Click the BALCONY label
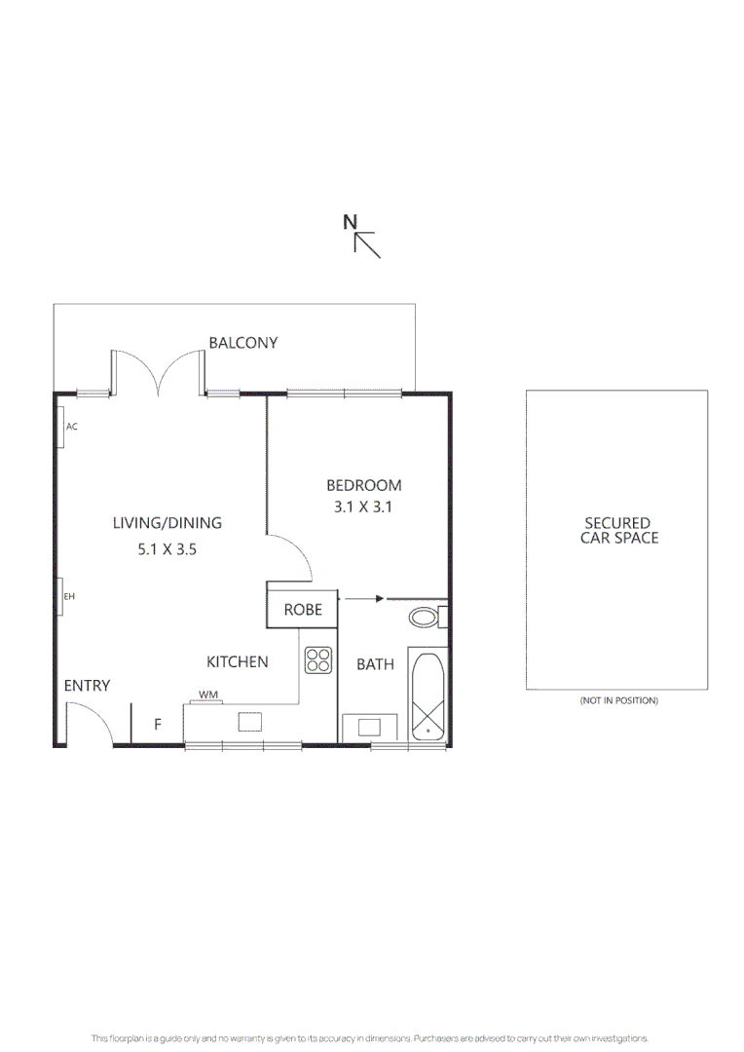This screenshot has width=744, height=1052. coord(242,343)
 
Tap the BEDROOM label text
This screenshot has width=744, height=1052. coord(363,485)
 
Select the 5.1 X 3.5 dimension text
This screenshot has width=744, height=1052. coord(167,549)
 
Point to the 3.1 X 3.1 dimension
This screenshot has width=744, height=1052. coord(363,507)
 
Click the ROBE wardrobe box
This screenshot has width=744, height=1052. coord(303,610)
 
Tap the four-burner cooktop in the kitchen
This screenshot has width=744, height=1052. coord(318,659)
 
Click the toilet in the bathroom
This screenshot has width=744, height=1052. coord(428,617)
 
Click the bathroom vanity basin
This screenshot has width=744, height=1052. coord(369,727)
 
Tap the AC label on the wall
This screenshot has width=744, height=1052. coord(72,427)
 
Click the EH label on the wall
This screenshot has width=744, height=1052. coord(69,596)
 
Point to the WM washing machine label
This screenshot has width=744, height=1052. coord(208,695)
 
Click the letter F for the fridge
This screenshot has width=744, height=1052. coord(158,724)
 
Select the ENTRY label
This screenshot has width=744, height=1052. coord(87,686)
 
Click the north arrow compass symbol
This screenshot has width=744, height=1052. coord(362,236)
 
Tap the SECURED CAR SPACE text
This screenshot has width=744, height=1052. coord(618,530)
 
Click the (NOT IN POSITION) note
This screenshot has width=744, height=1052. coord(618,700)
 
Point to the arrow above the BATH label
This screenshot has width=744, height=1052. coord(362,598)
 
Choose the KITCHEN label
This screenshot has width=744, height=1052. coord(238,662)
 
